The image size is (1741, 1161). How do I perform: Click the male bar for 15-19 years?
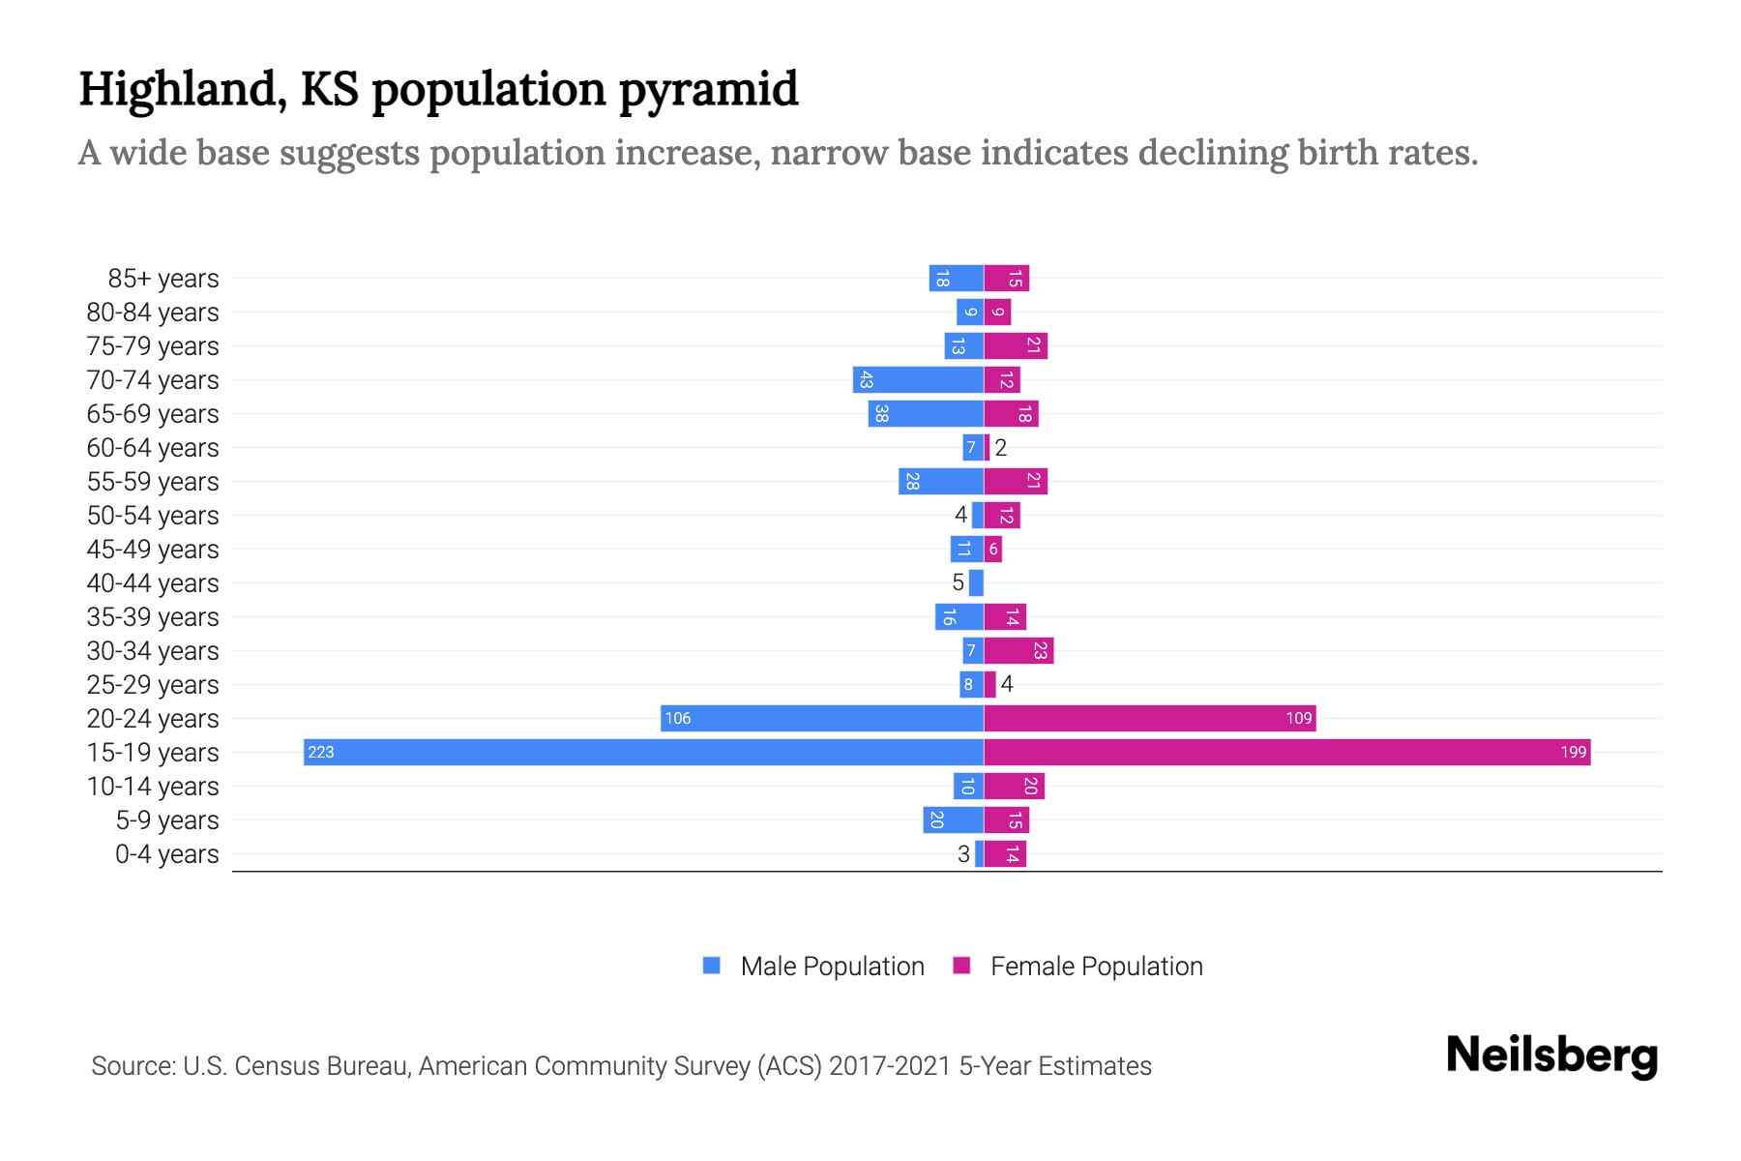(x=643, y=752)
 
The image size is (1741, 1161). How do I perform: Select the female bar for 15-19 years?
(x=1286, y=752)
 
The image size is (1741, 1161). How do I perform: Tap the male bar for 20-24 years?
(x=822, y=718)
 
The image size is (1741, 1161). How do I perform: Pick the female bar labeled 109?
(x=1149, y=718)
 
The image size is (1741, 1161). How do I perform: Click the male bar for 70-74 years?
(x=918, y=379)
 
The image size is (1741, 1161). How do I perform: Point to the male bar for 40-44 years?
(x=976, y=582)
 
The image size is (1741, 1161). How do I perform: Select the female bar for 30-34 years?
(x=1018, y=650)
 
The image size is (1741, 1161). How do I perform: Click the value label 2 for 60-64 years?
(x=1001, y=447)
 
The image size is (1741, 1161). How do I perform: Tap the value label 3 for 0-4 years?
(x=963, y=853)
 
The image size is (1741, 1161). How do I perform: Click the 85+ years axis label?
(x=162, y=279)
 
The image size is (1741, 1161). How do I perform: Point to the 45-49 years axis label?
(x=153, y=550)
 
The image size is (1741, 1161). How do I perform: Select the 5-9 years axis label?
(x=166, y=820)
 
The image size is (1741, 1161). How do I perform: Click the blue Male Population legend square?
(x=712, y=966)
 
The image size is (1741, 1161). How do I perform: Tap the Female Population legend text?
(x=1096, y=966)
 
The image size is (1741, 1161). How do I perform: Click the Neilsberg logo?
(x=1551, y=1056)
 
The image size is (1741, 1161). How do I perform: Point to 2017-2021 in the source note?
(x=890, y=1066)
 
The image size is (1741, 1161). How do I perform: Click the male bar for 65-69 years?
(x=926, y=413)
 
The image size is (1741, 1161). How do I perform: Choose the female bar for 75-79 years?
(x=1016, y=345)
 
